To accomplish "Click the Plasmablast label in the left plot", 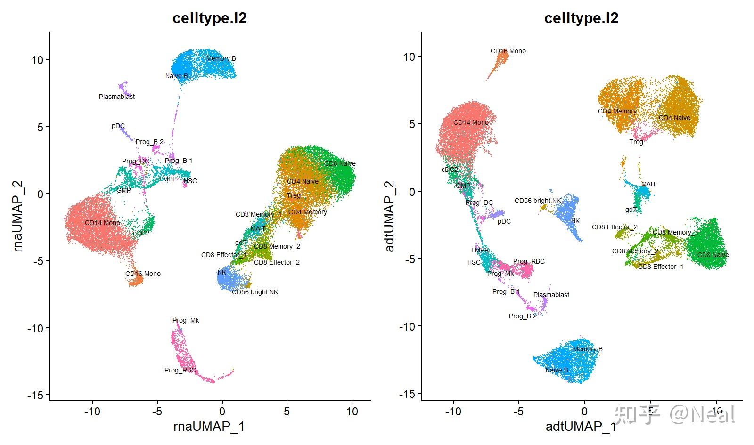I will click(117, 97).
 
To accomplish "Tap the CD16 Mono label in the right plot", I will click(508, 51).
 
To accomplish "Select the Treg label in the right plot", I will click(636, 142).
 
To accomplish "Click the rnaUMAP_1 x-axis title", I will click(209, 427).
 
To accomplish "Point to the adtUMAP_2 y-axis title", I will click(390, 216).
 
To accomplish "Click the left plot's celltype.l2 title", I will click(209, 18).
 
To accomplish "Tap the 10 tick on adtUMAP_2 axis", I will click(409, 57).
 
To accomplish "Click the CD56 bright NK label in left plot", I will click(255, 292).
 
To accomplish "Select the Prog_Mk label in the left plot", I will click(186, 320).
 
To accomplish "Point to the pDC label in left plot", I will click(118, 126).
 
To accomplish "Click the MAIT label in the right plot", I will click(648, 184).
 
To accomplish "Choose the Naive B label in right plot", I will click(557, 370).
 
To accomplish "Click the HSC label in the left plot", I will click(190, 181).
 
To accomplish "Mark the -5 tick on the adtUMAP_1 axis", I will click(518, 412).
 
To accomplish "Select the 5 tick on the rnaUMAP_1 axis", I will click(287, 412).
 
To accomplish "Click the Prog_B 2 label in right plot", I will click(523, 316).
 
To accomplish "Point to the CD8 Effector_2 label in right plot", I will click(615, 227).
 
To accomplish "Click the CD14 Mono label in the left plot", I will click(102, 223).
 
